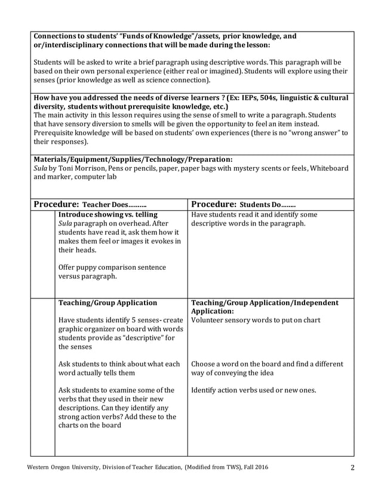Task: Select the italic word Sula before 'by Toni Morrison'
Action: [41, 168]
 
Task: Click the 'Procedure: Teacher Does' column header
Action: [90, 204]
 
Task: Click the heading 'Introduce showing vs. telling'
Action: [107, 214]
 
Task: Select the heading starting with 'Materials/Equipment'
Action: [133, 159]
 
